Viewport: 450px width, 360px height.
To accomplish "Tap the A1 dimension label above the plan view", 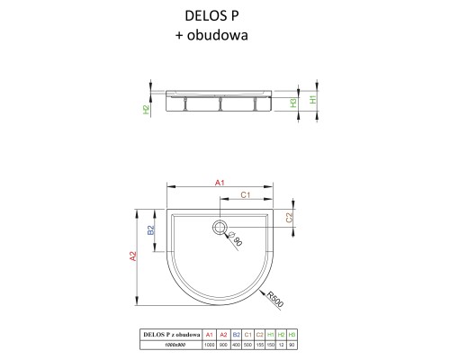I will [x=220, y=183].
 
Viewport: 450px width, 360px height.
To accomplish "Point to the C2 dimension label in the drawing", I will [x=290, y=217].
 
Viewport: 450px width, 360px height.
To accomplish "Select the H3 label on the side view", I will [x=293, y=103].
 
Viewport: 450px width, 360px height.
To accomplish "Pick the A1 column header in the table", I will [x=210, y=334].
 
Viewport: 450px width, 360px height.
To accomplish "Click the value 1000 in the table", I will [x=210, y=345].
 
